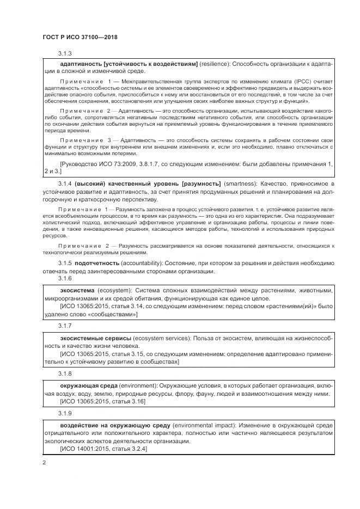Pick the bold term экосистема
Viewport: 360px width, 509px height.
coord(76,290)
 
